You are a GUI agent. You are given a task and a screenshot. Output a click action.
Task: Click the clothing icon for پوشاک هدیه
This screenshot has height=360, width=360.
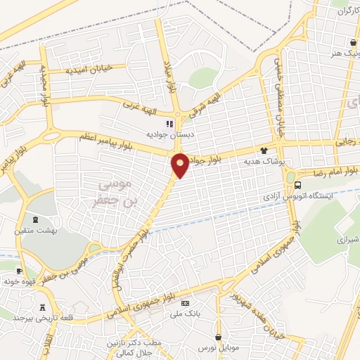[x=264, y=150]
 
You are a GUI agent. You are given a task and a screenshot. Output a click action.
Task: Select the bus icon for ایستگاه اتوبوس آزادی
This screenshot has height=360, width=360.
[x=297, y=186]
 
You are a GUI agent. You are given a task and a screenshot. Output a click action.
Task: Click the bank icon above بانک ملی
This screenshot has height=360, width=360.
[x=185, y=303]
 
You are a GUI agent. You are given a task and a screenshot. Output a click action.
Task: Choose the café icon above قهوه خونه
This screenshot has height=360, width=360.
[x=19, y=271]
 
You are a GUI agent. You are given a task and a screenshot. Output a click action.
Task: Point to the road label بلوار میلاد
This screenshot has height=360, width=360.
[x=169, y=79]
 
